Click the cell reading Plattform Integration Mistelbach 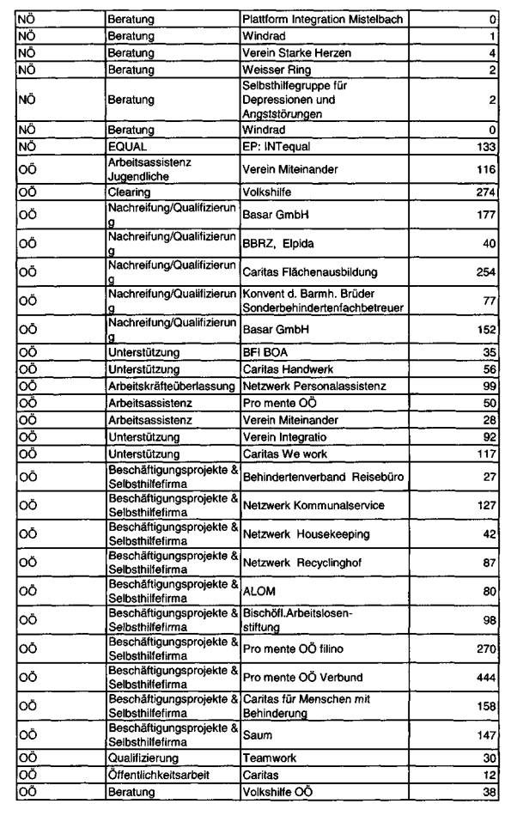[x=322, y=19]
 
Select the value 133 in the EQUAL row [x=486, y=147]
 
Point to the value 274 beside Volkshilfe [x=486, y=192]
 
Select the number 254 [x=486, y=272]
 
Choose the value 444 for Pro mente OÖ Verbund [x=486, y=678]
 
